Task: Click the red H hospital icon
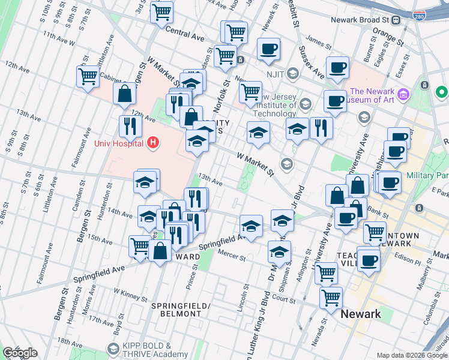pyautogui.click(x=153, y=142)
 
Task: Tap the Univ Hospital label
pyautogui.click(x=118, y=143)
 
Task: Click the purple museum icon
pyautogui.click(x=403, y=94)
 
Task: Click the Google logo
pyautogui.click(x=19, y=353)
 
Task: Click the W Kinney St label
pyautogui.click(x=131, y=294)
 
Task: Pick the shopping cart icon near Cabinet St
pyautogui.click(x=88, y=77)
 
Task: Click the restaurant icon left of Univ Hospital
pyautogui.click(x=129, y=126)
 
